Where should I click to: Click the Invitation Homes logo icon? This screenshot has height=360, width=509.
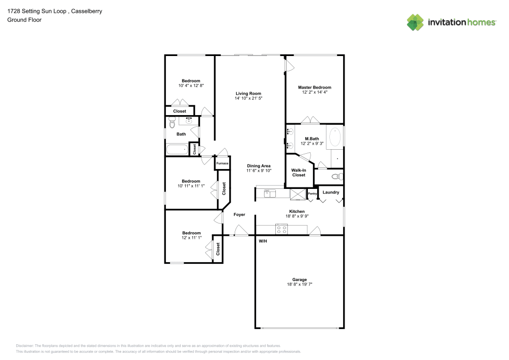pos(415,22)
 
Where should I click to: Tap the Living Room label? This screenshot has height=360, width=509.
pos(248,93)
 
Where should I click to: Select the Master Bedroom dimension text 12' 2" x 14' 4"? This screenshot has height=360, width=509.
pos(315,92)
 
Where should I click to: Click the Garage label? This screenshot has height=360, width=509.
pos(299,280)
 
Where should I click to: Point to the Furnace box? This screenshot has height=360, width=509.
pos(222,163)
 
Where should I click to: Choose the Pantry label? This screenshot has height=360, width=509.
pos(313,193)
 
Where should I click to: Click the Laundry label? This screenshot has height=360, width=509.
pos(331,192)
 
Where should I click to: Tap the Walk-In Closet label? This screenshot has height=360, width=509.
pos(298,173)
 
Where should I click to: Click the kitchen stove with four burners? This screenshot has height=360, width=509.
pos(282,229)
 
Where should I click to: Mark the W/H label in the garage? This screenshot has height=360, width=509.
pos(263,240)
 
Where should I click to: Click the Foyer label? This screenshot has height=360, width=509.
pos(239,214)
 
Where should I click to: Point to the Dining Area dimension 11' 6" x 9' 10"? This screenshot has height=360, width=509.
pos(259,171)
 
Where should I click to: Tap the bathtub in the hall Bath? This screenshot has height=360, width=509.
pos(177,150)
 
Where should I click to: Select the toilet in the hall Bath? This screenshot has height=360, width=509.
pos(172,123)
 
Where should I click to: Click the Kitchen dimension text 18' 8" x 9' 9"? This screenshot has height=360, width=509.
pos(297,216)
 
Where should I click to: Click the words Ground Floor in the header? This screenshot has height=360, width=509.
pos(24,20)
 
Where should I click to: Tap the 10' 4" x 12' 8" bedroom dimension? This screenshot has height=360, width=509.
pos(191,86)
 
